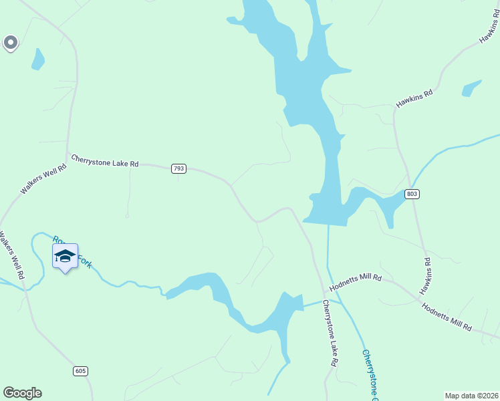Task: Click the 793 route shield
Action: pos(178,168)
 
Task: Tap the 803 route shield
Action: pos(412,194)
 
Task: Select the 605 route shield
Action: pos(80,370)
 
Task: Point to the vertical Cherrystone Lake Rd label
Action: pos(330,333)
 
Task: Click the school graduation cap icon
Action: pos(65,255)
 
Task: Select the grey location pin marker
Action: pos(10,43)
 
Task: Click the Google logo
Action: pos(23,393)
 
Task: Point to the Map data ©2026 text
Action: pos(471,396)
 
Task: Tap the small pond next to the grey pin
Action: pos(38,59)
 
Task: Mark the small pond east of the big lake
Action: pos(471,88)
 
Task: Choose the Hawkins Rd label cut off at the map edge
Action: pos(489,30)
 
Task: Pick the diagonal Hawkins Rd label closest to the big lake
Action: pos(414,98)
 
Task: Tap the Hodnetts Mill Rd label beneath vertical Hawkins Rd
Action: pos(447,316)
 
